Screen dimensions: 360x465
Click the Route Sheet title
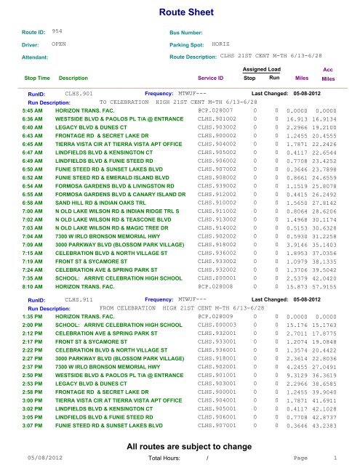179,12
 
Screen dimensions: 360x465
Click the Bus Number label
188,33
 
